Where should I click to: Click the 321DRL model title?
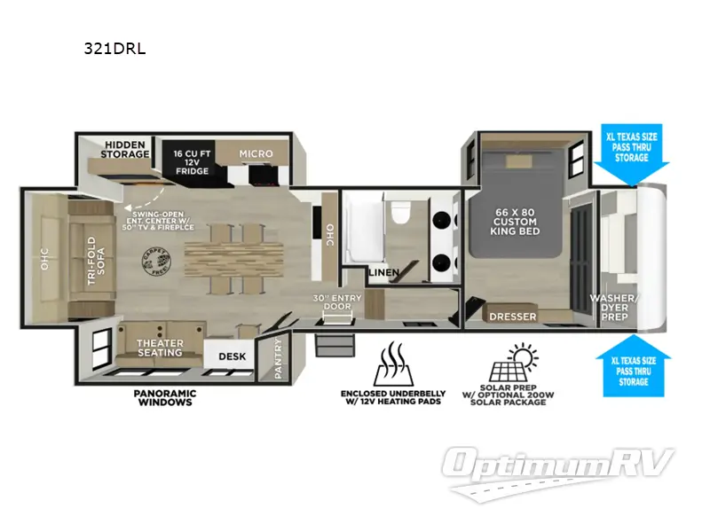[108, 48]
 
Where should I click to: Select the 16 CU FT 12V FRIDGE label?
[191, 161]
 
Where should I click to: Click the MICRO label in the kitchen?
[256, 153]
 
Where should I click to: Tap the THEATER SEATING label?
[160, 348]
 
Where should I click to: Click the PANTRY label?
[278, 357]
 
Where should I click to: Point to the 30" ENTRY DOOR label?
[333, 301]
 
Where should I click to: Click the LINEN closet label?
[383, 271]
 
